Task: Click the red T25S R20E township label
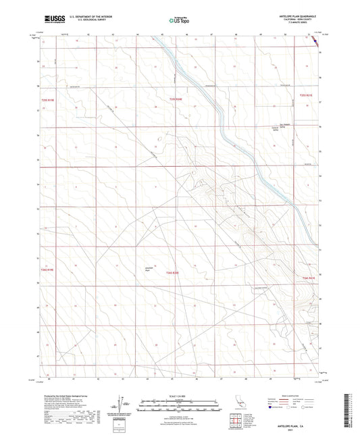176,99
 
